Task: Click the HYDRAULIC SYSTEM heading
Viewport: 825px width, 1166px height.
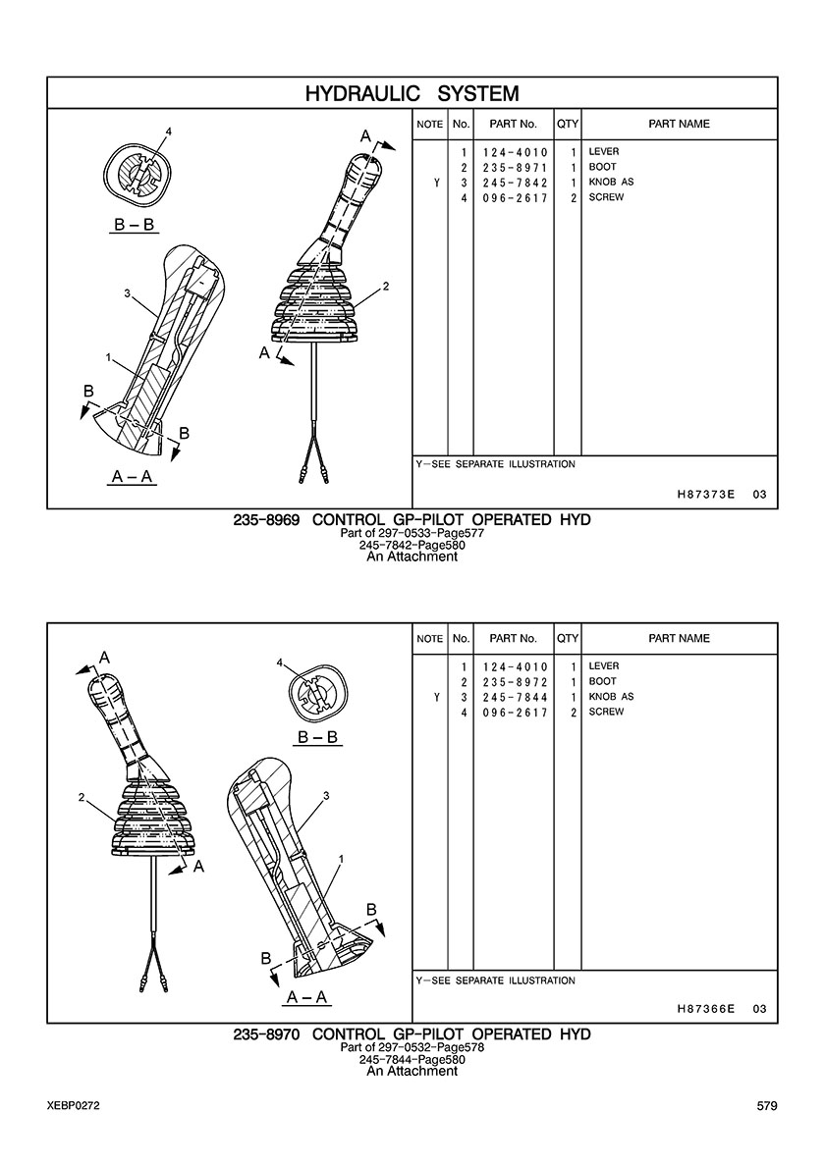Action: point(412,93)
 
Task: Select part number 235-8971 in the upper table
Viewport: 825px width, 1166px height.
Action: point(515,167)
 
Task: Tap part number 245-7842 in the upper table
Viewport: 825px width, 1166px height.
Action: point(515,183)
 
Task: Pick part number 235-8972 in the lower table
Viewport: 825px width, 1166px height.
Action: point(515,682)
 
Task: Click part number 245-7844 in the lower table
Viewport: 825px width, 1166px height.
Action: point(515,698)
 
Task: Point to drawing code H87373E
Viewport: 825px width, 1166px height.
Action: point(706,495)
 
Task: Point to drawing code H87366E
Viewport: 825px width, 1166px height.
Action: point(706,1009)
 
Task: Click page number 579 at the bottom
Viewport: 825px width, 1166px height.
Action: point(767,1106)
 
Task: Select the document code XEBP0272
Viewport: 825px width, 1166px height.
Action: point(73,1106)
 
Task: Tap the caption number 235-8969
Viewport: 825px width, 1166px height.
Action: point(266,520)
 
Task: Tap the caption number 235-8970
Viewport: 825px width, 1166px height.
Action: point(266,1034)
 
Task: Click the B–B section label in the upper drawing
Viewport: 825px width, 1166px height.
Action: point(135,224)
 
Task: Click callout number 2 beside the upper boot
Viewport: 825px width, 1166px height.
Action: point(386,287)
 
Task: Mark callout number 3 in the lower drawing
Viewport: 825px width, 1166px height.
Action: point(327,796)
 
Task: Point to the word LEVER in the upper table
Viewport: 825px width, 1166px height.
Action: point(603,152)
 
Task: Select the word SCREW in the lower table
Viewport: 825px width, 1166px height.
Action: point(606,712)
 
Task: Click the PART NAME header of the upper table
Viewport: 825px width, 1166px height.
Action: point(680,125)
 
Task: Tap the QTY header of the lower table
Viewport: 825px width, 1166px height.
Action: point(568,639)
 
